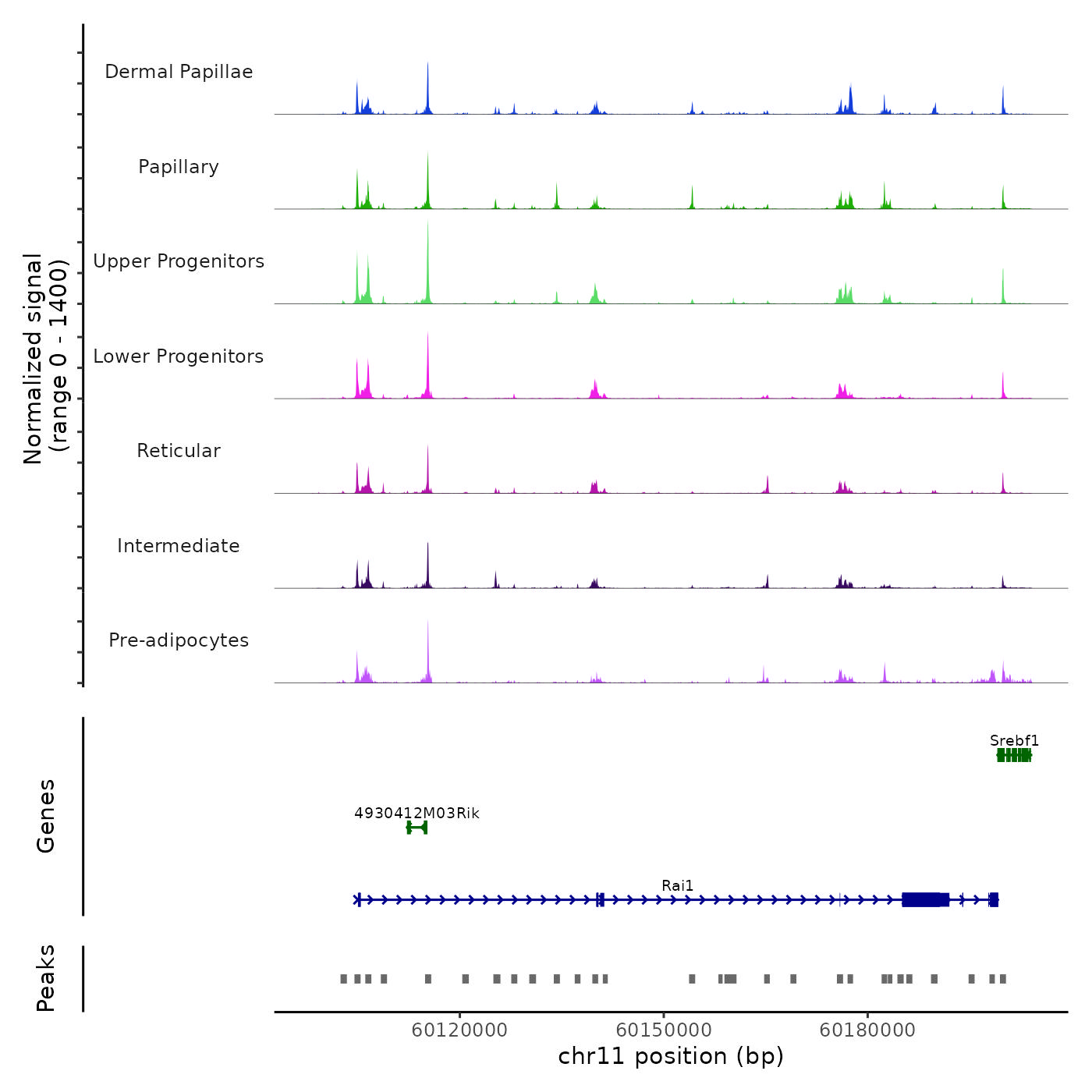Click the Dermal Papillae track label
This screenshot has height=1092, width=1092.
pos(179,72)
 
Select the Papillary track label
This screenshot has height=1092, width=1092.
pos(179,167)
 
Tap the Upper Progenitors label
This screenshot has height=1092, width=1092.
pos(179,261)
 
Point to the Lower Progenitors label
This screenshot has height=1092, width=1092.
pos(179,356)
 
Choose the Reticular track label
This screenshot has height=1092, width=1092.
pos(179,451)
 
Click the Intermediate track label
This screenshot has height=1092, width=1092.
pos(179,546)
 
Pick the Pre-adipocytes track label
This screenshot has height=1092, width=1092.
pos(179,640)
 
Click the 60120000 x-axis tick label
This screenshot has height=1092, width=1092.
pos(459,1030)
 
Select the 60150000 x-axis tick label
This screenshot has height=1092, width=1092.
pos(664,1030)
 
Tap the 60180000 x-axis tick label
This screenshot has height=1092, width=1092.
pos(867,1030)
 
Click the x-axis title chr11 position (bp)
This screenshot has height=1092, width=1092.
pos(671,1056)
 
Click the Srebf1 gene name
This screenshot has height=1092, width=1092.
pos(1014,741)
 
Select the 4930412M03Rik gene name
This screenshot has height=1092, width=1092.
pos(417,814)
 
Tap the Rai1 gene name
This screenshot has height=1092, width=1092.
pos(677,885)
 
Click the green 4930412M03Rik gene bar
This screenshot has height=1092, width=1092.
pos(417,828)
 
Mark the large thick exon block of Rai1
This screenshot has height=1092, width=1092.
pos(925,900)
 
